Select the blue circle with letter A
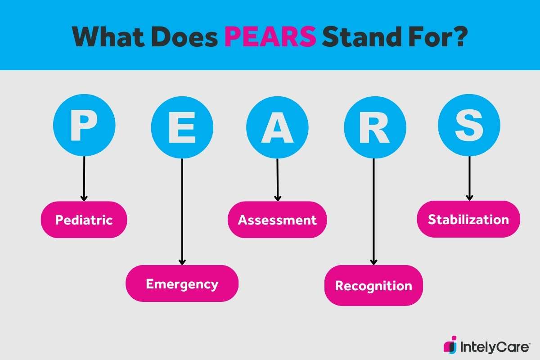click(x=277, y=127)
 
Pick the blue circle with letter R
click(x=375, y=127)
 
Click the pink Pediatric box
click(x=84, y=220)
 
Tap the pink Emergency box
click(x=182, y=283)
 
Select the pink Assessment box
click(x=277, y=220)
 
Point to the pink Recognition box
click(x=373, y=285)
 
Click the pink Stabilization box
click(x=468, y=219)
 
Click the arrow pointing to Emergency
click(x=182, y=211)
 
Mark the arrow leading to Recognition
click(x=373, y=211)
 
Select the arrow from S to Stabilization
click(x=469, y=178)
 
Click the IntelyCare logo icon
click(x=450, y=344)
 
